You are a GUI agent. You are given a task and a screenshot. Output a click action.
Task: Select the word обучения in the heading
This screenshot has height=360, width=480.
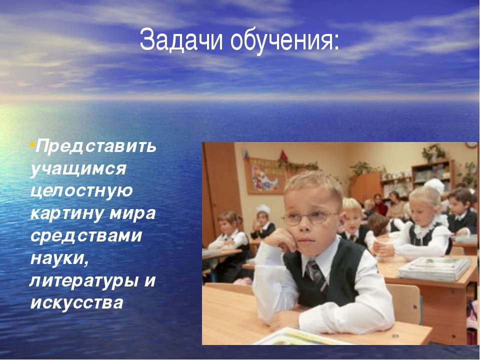point(280,41)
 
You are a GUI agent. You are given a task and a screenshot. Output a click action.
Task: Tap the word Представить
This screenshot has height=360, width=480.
point(96,146)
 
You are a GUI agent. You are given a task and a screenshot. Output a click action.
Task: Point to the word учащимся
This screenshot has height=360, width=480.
point(78,169)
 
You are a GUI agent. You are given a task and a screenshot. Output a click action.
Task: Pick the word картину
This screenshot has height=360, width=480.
point(67,213)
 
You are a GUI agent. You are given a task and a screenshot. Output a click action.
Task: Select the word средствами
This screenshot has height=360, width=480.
point(86,235)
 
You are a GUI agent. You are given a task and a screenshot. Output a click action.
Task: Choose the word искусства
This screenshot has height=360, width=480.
point(77,302)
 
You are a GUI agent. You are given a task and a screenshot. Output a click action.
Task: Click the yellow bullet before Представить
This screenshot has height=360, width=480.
point(32,143)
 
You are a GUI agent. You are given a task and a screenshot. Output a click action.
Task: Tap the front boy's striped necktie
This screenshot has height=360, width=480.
point(316,275)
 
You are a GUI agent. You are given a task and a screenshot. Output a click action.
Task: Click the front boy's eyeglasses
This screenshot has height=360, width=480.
point(309,218)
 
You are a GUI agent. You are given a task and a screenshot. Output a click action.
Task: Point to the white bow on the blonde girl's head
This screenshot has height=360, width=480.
point(434,186)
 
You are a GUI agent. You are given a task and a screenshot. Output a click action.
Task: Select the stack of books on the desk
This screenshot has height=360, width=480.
point(435,268)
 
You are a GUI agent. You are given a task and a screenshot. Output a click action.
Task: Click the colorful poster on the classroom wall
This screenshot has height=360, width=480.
point(265,176)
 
